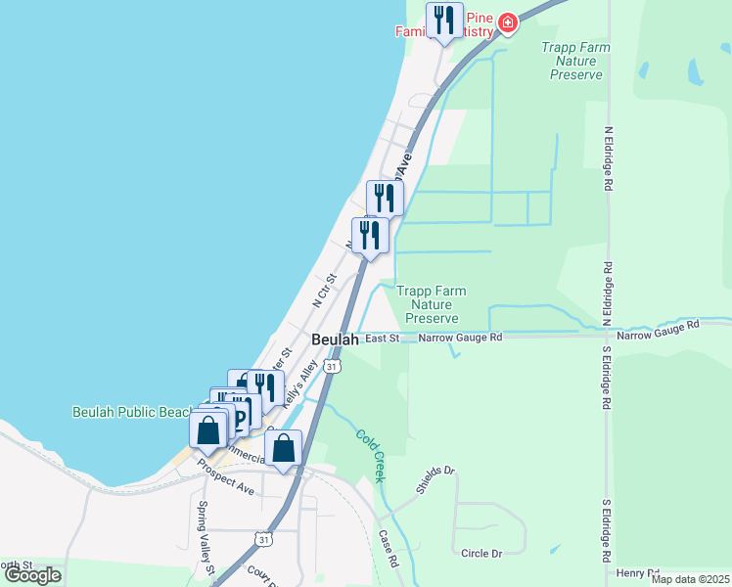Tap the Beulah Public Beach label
coord(132,412)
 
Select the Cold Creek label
coord(370,456)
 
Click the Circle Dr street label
coord(480,553)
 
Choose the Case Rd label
coord(388,550)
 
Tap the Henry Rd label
coord(637,572)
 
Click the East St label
coord(382,339)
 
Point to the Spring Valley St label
coord(205,536)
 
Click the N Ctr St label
coord(324,291)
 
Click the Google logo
coord(33,575)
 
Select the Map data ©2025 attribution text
coord(689,579)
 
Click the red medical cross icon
coord(507,22)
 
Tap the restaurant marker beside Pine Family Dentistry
coord(444,21)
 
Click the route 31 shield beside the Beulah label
coord(334,366)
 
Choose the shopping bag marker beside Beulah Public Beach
coord(208,430)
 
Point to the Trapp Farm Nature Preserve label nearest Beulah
coord(431,304)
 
